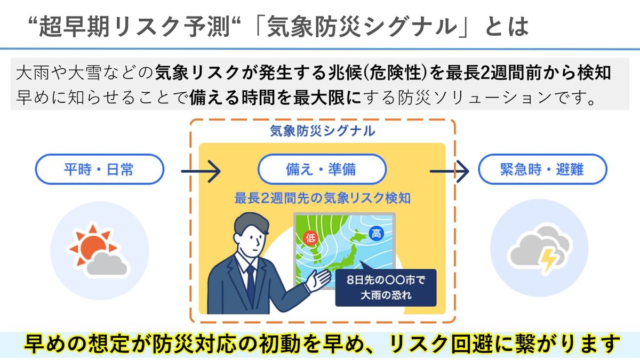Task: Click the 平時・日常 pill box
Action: tap(100, 170)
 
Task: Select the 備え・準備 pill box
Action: tap(322, 170)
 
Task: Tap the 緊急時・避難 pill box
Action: tap(542, 170)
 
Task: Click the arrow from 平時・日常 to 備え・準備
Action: tap(201, 172)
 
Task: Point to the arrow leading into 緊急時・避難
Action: tap(450, 172)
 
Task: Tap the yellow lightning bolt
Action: tap(549, 259)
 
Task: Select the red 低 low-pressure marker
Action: tap(309, 237)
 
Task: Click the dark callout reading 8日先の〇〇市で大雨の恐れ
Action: tap(386, 287)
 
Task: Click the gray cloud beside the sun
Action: tap(107, 263)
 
